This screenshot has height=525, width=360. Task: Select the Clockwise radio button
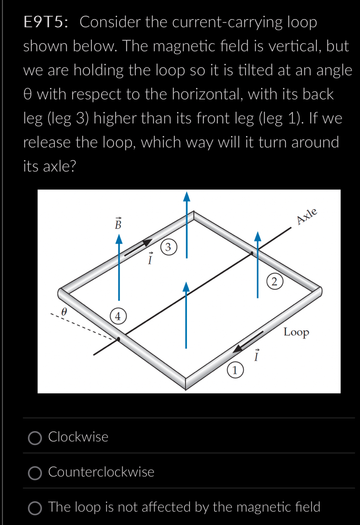[x=35, y=438]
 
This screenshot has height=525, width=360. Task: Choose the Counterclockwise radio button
[x=35, y=473]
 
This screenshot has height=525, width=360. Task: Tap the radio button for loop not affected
[x=35, y=508]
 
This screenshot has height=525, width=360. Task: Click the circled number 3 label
[x=168, y=247]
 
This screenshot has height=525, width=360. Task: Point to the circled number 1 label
[x=235, y=370]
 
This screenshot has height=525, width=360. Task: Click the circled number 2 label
[x=274, y=282]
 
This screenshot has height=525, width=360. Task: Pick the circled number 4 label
[x=118, y=316]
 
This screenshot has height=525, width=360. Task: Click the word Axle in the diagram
[x=307, y=216]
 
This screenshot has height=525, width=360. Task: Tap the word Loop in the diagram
[x=296, y=332]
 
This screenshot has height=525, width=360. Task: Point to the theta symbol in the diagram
[x=64, y=312]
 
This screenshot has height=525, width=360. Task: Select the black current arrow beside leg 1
[x=248, y=342]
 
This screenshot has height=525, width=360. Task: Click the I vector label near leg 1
[x=256, y=355]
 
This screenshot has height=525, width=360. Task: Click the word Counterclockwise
[x=101, y=472]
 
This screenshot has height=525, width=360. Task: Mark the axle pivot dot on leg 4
[x=119, y=339]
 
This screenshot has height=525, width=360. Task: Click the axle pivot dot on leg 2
[x=252, y=253]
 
